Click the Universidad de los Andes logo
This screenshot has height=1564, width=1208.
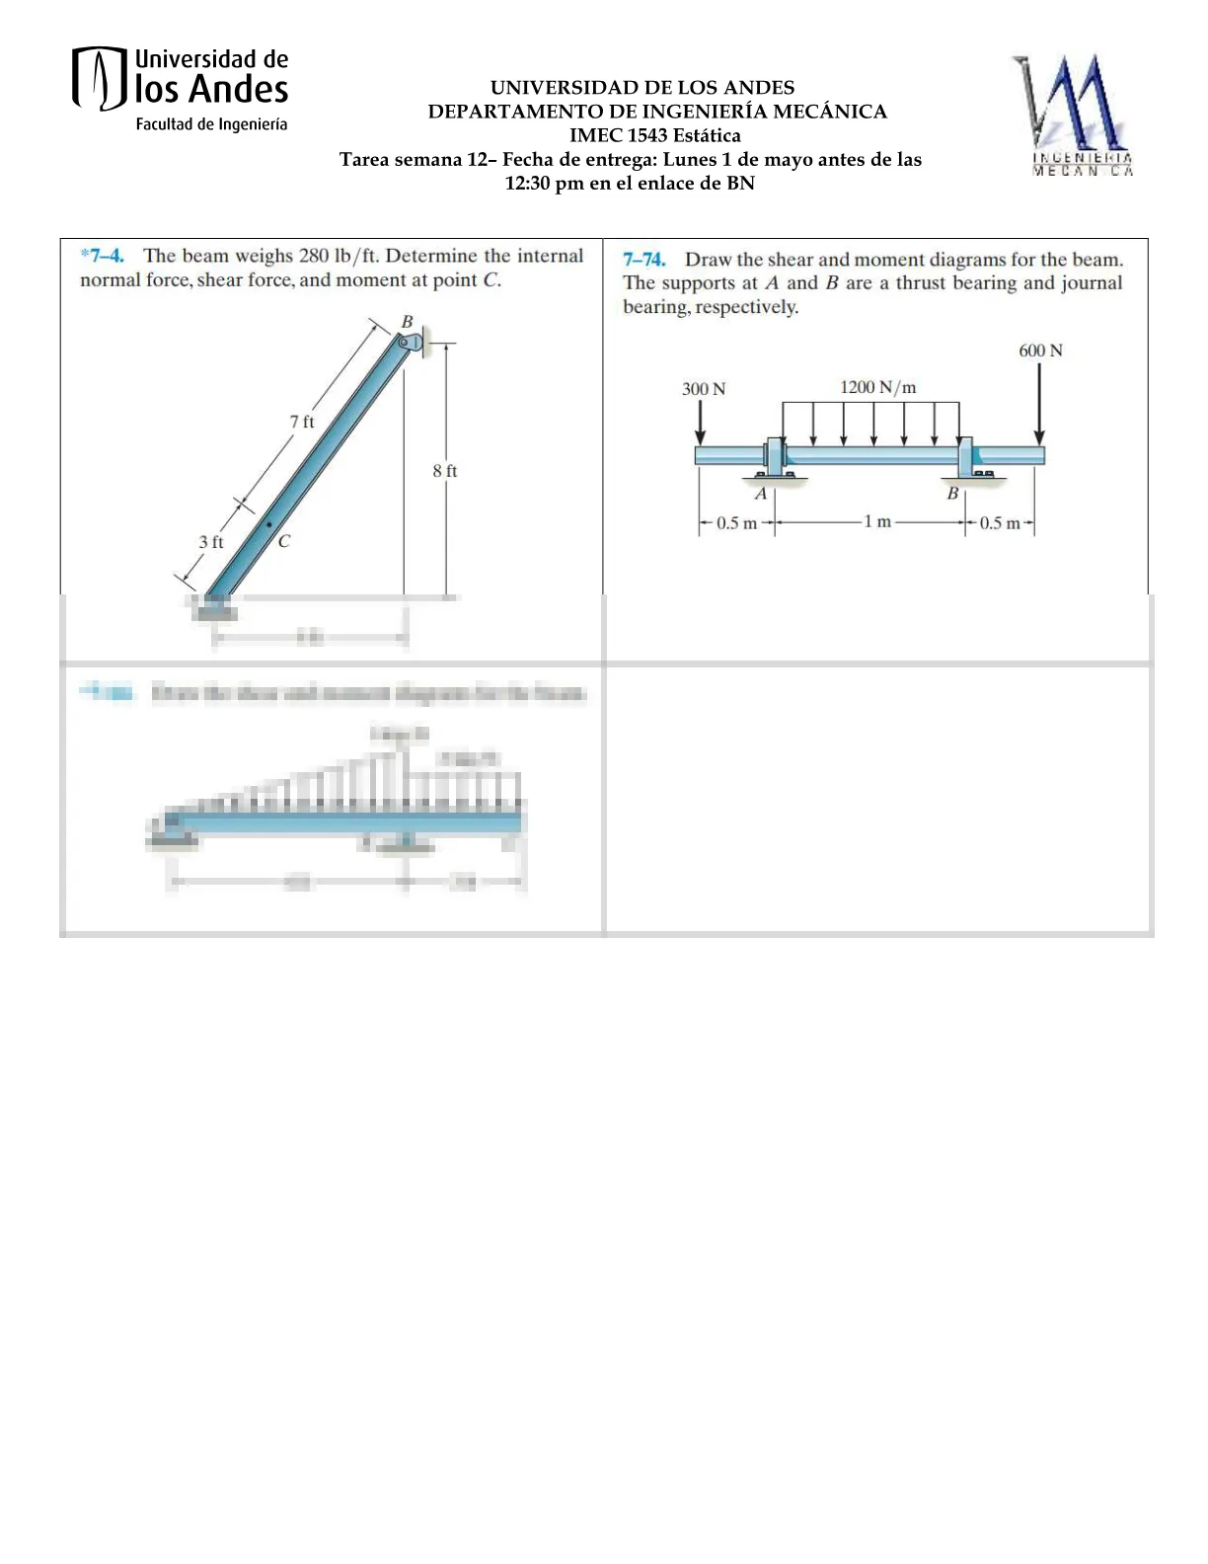(x=180, y=88)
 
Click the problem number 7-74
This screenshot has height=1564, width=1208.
(x=643, y=260)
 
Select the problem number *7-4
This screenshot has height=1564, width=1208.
(x=102, y=256)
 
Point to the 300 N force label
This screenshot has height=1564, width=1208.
(x=703, y=389)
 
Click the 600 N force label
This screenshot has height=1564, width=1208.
(x=1040, y=351)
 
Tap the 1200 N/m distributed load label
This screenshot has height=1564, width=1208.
(x=877, y=387)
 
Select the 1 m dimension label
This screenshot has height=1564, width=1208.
(x=876, y=521)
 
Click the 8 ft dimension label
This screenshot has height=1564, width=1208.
(x=444, y=471)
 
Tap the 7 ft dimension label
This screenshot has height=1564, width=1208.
(x=301, y=422)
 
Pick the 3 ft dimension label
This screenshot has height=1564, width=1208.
(x=210, y=542)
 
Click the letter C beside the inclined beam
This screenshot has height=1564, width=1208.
(x=284, y=541)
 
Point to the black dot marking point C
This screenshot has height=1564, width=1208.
(x=268, y=524)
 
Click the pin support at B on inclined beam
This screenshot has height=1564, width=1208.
(x=410, y=343)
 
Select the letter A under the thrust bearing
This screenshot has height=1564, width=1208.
(x=760, y=493)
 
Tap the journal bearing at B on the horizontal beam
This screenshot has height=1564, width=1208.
(x=967, y=460)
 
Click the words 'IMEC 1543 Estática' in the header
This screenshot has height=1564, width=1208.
(x=654, y=135)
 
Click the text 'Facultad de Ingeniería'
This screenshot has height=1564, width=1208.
(x=211, y=124)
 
